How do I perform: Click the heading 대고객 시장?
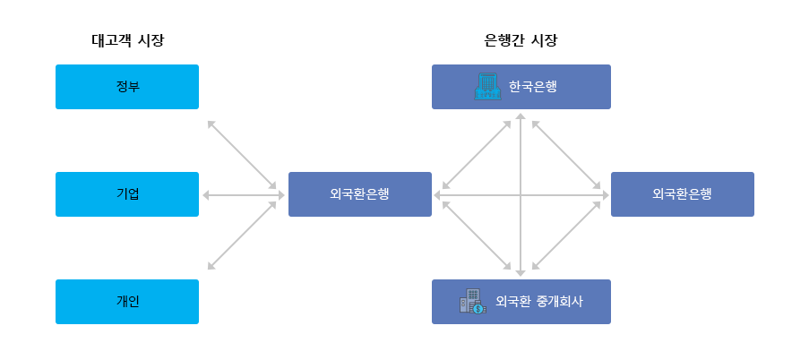click(x=128, y=40)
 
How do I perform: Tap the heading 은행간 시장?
click(x=521, y=40)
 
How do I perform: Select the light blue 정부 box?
click(x=127, y=87)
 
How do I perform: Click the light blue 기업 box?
click(x=127, y=194)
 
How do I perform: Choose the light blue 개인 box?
click(x=127, y=302)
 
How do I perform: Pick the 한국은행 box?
click(x=521, y=87)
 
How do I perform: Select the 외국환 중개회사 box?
click(x=521, y=302)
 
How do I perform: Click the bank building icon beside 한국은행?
click(x=486, y=87)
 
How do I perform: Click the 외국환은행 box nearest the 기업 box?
click(x=360, y=194)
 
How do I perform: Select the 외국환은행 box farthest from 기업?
click(x=683, y=194)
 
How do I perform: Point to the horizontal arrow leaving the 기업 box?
click(x=239, y=194)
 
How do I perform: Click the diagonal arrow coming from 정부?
click(x=241, y=154)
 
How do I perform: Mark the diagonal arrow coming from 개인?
click(x=241, y=236)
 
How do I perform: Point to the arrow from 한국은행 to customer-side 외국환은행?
click(x=476, y=154)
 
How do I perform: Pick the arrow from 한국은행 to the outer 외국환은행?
click(x=566, y=154)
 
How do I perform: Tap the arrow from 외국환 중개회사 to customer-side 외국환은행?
click(x=476, y=235)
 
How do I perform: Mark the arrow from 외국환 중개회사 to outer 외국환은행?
click(x=566, y=235)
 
